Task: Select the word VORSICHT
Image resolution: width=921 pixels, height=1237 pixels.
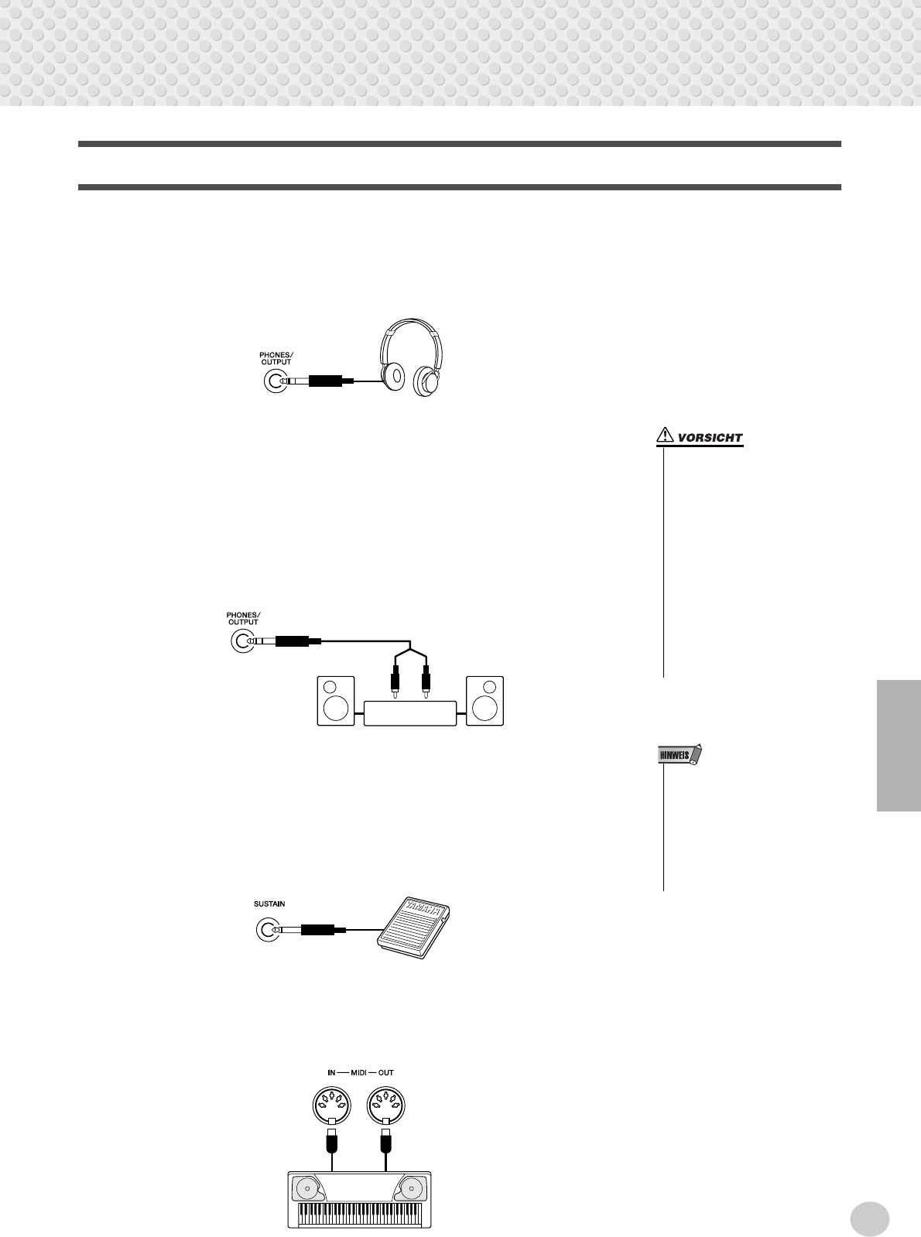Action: (710, 438)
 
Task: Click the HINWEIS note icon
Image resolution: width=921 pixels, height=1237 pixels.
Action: (675, 755)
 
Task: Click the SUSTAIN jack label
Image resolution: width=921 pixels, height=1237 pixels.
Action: (269, 903)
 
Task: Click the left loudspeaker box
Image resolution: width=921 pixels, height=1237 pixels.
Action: (336, 701)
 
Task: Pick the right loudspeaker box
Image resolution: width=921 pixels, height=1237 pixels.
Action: (484, 701)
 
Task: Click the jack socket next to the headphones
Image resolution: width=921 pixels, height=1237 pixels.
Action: (275, 381)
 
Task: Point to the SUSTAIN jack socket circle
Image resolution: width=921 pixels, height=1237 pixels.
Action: (267, 929)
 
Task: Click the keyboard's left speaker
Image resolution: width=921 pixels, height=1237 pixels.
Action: (306, 1187)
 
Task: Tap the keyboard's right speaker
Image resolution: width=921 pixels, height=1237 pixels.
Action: (411, 1187)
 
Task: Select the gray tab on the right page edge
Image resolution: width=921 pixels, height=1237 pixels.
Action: (899, 745)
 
